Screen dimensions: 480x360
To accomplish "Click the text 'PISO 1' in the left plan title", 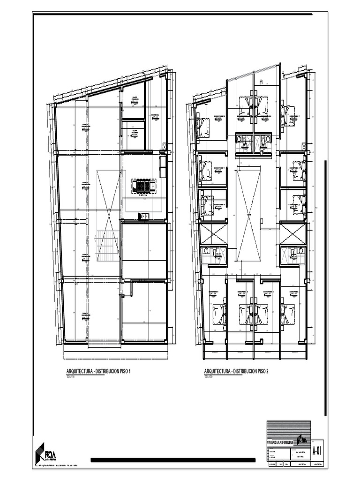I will (124, 372).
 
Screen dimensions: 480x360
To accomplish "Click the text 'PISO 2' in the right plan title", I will (262, 372).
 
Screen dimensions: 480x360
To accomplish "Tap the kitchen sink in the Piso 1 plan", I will (144, 216).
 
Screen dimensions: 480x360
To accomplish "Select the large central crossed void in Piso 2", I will (248, 215).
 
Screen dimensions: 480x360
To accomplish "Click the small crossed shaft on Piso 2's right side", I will (292, 233).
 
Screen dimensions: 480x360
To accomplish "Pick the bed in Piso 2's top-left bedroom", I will (203, 126).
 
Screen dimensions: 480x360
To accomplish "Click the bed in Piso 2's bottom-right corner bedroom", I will (288, 313).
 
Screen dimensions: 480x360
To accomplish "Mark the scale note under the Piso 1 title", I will (71, 376).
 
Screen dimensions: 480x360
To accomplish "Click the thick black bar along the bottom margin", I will (173, 460).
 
